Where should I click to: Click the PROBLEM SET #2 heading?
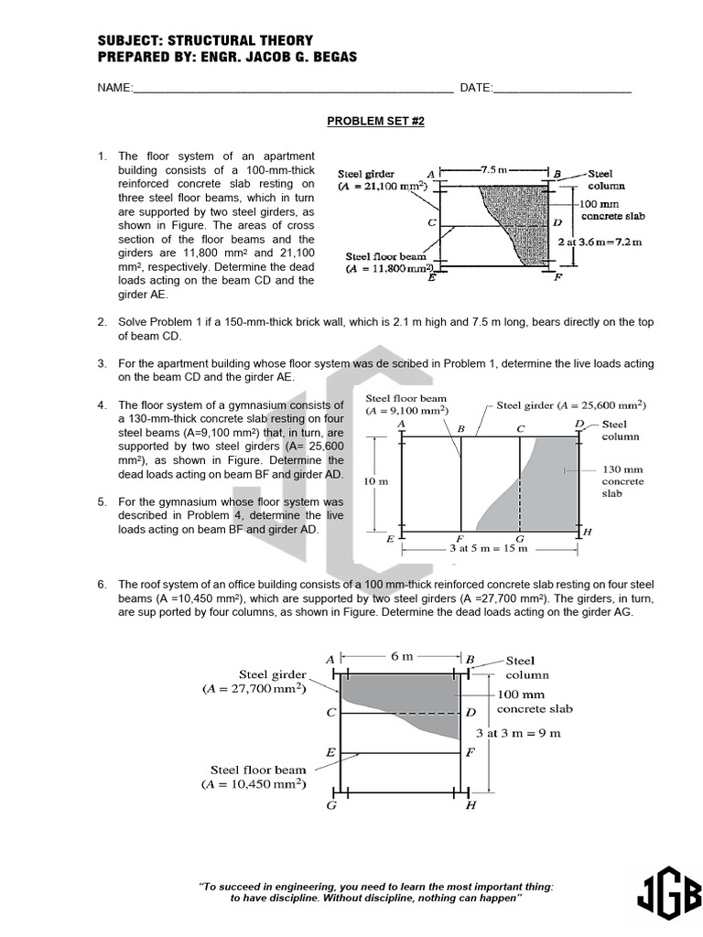376,121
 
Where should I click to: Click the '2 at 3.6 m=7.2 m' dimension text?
600,242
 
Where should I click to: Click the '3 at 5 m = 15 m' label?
488,549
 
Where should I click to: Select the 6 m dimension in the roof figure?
402,656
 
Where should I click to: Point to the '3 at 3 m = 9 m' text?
518,733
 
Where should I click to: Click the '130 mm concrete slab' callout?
622,481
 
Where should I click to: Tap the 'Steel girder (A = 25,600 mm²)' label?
571,405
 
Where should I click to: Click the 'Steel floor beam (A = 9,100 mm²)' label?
407,404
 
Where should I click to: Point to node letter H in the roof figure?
470,806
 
